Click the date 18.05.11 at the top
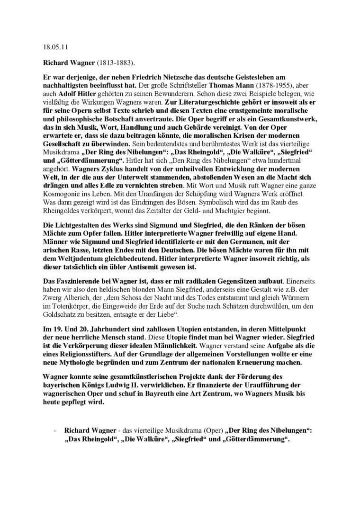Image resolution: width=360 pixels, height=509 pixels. click(x=51, y=48)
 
